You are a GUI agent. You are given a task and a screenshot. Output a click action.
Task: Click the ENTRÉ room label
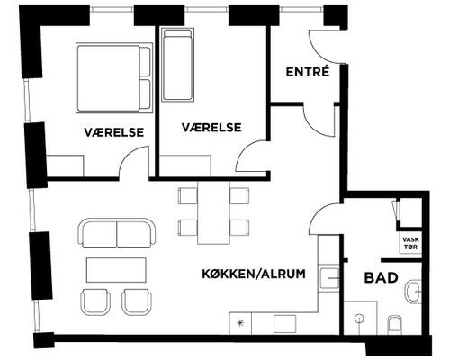click(x=306, y=72)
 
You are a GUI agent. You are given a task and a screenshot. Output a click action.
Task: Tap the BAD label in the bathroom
click(x=381, y=278)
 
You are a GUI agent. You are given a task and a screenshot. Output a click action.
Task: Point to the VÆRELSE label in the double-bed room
click(x=115, y=131)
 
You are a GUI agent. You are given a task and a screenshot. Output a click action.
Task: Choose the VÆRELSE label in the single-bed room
click(x=211, y=128)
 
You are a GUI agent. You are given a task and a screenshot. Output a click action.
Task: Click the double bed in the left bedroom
click(x=113, y=77)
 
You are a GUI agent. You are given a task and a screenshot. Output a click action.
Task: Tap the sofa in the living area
click(x=116, y=234)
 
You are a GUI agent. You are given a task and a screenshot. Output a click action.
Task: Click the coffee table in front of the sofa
click(x=116, y=269)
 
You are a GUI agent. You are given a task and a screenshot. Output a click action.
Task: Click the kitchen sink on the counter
click(x=331, y=280)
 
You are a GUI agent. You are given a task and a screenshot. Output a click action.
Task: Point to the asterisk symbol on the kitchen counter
click(x=240, y=321)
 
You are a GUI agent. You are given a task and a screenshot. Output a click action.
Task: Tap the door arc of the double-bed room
click(x=133, y=163)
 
